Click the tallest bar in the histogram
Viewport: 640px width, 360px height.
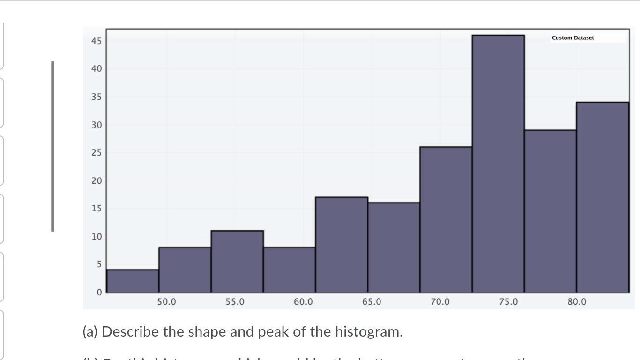[x=498, y=164]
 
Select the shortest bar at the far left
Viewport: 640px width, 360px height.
[x=133, y=281]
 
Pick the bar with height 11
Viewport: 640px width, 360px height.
[x=237, y=262]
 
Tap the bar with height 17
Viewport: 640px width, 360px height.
[x=342, y=245]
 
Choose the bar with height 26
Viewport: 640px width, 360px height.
[x=446, y=220]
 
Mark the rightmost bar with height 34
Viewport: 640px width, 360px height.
[x=603, y=197]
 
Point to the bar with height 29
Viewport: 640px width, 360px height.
[x=550, y=211]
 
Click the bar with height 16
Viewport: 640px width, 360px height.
[x=394, y=247]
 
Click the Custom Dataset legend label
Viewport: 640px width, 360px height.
[x=573, y=38]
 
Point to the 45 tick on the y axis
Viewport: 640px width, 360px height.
[x=96, y=41]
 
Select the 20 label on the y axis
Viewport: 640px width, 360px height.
[x=96, y=181]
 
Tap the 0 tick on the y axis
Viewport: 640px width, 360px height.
[x=98, y=292]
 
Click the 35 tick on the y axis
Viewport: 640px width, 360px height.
[x=96, y=97]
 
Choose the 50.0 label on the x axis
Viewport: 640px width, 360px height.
[x=166, y=302]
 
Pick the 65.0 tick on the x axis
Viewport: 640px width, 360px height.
[x=372, y=302]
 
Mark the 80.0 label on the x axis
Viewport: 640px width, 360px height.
[x=577, y=302]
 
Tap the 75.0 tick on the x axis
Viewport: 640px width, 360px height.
[x=508, y=302]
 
